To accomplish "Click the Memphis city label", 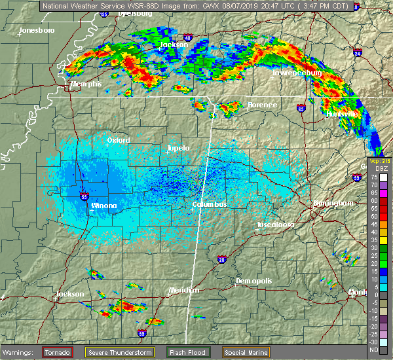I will [86, 84].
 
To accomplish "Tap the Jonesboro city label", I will [37, 31].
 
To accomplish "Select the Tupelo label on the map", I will [178, 148].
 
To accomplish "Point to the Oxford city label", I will [119, 140].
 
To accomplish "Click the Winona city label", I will [104, 206].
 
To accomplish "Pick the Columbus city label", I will [210, 205].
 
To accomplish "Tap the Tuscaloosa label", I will [274, 224].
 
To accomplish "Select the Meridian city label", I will [183, 289].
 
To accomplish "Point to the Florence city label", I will [262, 105].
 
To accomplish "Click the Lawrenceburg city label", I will [297, 73].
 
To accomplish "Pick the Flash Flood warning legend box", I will [188, 352].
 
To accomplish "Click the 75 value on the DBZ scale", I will [375, 177].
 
